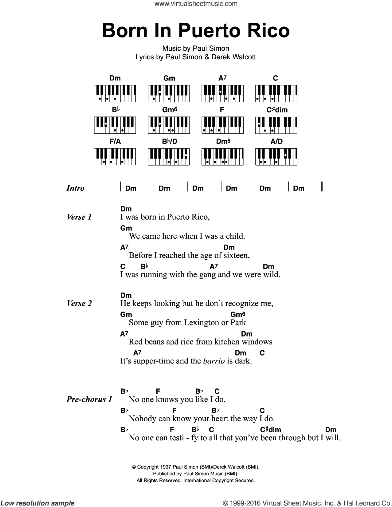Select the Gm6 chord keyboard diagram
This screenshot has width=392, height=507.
[x=169, y=125]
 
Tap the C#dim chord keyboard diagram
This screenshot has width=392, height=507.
[x=276, y=125]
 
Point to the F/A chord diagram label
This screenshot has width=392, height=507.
[x=115, y=141]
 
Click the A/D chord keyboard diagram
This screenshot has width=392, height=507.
[x=276, y=156]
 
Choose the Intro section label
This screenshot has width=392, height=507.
[x=75, y=188]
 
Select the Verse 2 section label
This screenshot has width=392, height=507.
[x=79, y=303]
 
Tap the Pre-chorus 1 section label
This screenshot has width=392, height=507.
[x=89, y=399]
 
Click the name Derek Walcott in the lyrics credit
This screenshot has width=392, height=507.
[x=233, y=57]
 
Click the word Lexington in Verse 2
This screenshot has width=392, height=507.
[x=202, y=322]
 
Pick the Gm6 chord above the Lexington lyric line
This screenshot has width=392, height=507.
[x=238, y=314]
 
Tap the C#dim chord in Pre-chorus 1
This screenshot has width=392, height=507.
[x=270, y=430]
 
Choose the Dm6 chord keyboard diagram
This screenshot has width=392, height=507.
[x=222, y=156]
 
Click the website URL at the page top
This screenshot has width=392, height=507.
[x=196, y=4]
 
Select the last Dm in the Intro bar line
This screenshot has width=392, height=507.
[x=298, y=188]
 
